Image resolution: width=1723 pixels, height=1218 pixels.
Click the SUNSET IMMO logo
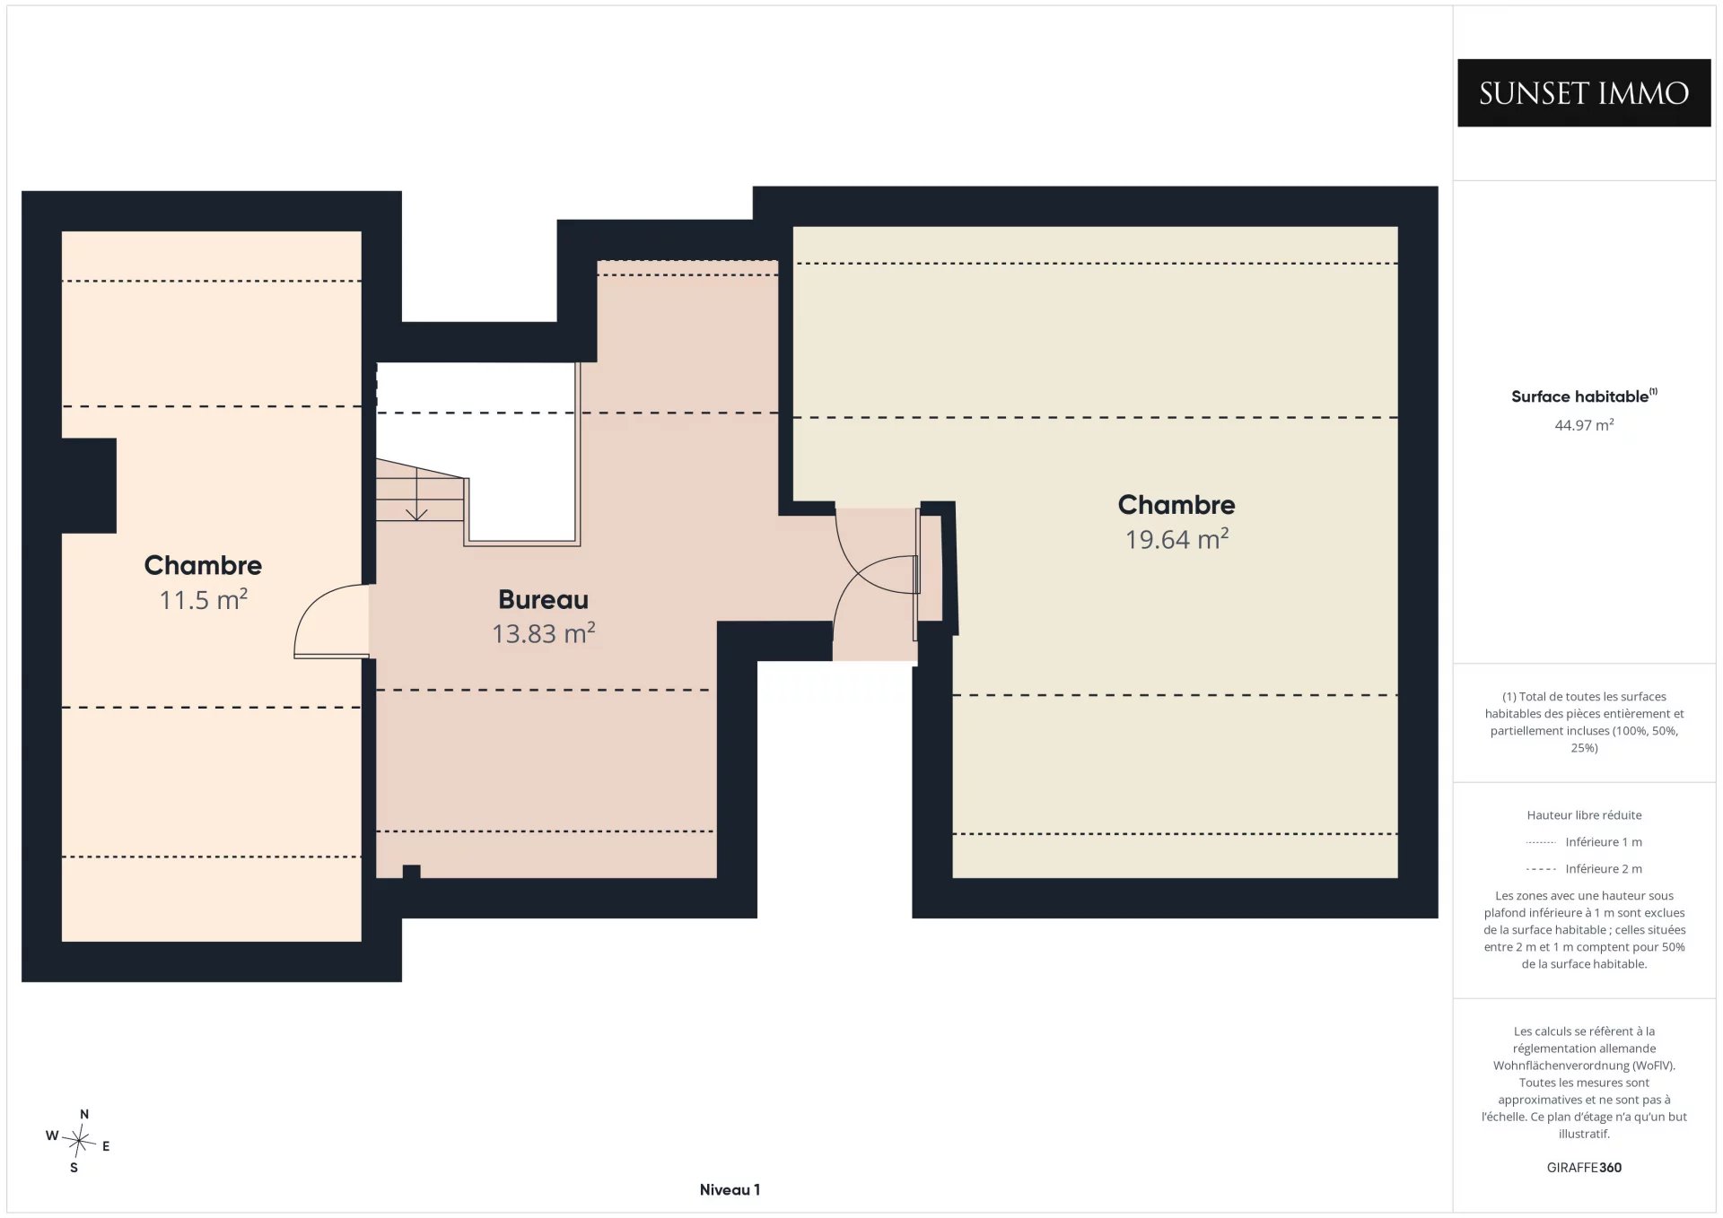(1584, 93)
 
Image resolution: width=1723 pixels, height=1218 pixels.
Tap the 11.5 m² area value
(204, 599)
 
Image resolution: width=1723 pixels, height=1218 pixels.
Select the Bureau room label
(544, 599)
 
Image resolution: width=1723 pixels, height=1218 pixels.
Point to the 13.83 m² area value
(544, 633)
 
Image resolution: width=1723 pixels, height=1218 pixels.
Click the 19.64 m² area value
(1176, 539)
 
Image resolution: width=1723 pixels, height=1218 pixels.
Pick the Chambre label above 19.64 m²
(1176, 505)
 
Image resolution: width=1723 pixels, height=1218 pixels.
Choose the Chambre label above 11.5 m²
(204, 565)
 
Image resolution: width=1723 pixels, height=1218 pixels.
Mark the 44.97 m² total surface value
(1584, 425)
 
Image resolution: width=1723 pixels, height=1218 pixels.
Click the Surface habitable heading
(1584, 396)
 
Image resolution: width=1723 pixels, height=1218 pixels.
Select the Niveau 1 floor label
(730, 1190)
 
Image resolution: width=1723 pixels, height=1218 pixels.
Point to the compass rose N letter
(84, 1115)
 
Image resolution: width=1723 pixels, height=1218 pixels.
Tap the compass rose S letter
(74, 1168)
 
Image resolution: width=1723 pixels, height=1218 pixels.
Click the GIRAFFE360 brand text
(1584, 1168)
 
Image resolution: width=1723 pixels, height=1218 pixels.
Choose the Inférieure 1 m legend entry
(1584, 842)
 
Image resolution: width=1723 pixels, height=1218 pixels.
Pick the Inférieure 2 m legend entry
(1584, 869)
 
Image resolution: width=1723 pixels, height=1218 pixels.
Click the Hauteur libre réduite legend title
(1584, 815)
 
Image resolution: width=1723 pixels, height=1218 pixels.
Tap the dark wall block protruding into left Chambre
(89, 485)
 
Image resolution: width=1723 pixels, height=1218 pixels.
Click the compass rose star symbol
(79, 1141)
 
